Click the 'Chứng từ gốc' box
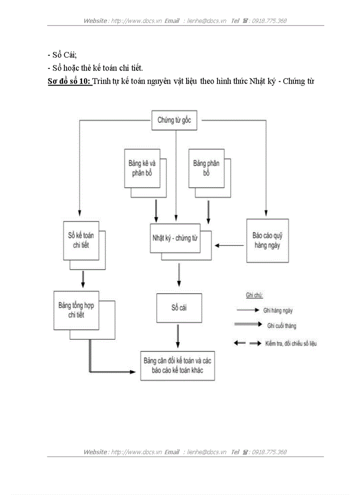pyautogui.click(x=174, y=120)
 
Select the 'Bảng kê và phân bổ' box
pyautogui.click(x=142, y=168)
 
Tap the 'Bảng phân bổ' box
pyautogui.click(x=206, y=168)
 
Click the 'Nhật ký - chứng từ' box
pyautogui.click(x=175, y=238)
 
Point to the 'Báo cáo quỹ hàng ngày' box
pyautogui.click(x=267, y=241)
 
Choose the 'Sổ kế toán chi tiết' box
pyautogui.click(x=81, y=240)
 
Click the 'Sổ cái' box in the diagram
pyautogui.click(x=179, y=308)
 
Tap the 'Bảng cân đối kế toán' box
pyautogui.click(x=177, y=365)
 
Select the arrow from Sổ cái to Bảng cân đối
pyautogui.click(x=178, y=337)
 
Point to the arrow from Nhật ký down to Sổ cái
pyautogui.click(x=179, y=275)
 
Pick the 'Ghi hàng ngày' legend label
pyautogui.click(x=278, y=310)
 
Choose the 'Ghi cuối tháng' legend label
pyautogui.click(x=281, y=326)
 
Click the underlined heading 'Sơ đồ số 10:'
pyautogui.click(x=69, y=81)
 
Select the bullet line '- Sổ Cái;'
pyautogui.click(x=62, y=55)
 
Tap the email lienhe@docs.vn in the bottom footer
pyautogui.click(x=206, y=452)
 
